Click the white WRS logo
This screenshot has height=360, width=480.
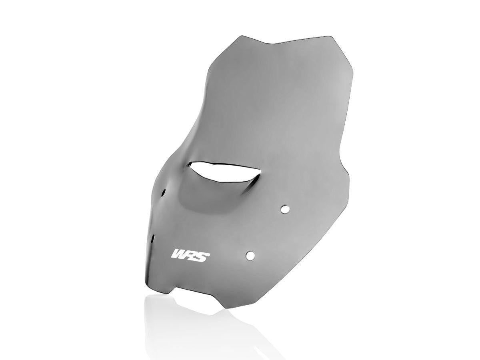[189, 255]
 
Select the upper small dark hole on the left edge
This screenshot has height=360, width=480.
[164, 192]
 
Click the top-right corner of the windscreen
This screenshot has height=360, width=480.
[332, 37]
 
